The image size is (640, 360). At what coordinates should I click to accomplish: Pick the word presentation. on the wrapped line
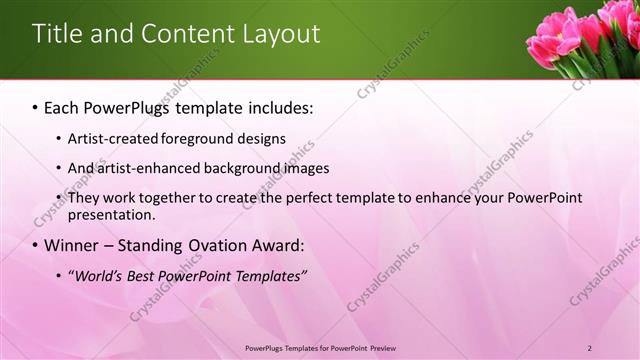(111, 214)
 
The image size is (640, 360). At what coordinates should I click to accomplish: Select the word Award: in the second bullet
(278, 245)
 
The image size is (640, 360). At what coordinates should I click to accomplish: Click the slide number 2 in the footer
(590, 348)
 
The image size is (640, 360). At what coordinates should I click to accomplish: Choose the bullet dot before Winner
(35, 245)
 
